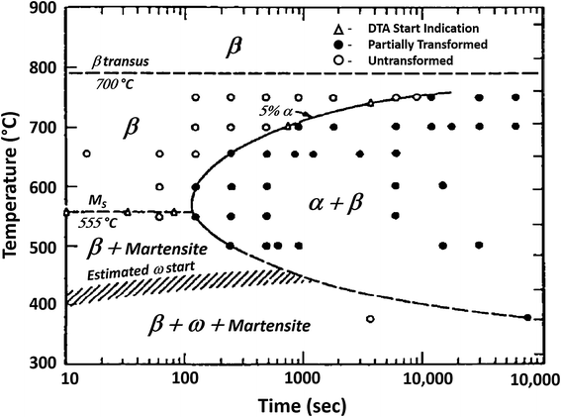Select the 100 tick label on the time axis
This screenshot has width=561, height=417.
tap(183, 379)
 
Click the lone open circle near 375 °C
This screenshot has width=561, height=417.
tap(370, 319)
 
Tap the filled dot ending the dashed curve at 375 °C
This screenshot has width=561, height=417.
tap(527, 318)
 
